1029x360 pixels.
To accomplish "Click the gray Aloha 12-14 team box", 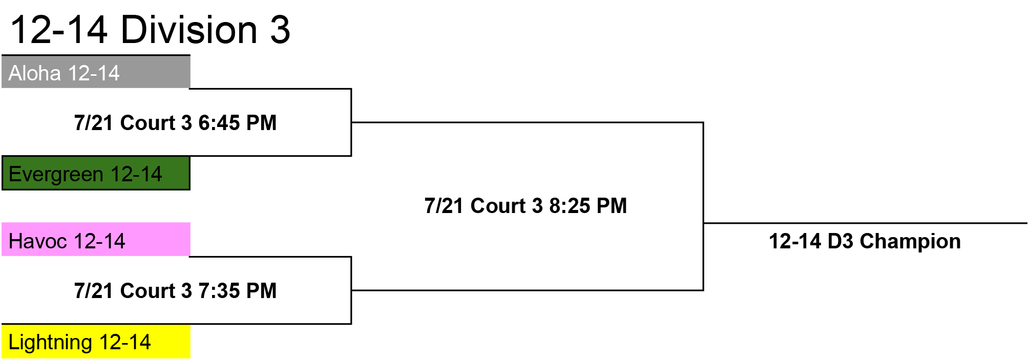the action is (x=96, y=72).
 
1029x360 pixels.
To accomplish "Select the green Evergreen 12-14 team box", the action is (x=96, y=174).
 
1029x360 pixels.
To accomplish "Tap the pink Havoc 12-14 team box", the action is (x=96, y=239).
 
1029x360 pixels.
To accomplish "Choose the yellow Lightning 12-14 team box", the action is (x=96, y=341).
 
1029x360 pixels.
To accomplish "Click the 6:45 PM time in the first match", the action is (x=238, y=123).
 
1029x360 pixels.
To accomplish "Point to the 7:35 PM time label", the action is (x=238, y=291).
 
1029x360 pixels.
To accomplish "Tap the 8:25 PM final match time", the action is (x=588, y=206).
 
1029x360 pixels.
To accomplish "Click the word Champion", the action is (x=910, y=241).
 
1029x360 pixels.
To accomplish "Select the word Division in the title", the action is (x=189, y=30).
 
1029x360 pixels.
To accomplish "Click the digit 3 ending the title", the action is (x=280, y=30).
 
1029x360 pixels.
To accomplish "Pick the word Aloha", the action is (x=35, y=73).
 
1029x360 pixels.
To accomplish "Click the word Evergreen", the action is (x=56, y=175).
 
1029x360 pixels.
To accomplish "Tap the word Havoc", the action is (x=38, y=241).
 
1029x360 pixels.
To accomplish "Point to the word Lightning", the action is (x=51, y=343).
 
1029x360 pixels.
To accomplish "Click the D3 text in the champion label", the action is (x=840, y=241).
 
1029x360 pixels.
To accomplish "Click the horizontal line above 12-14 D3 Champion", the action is (x=866, y=223).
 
